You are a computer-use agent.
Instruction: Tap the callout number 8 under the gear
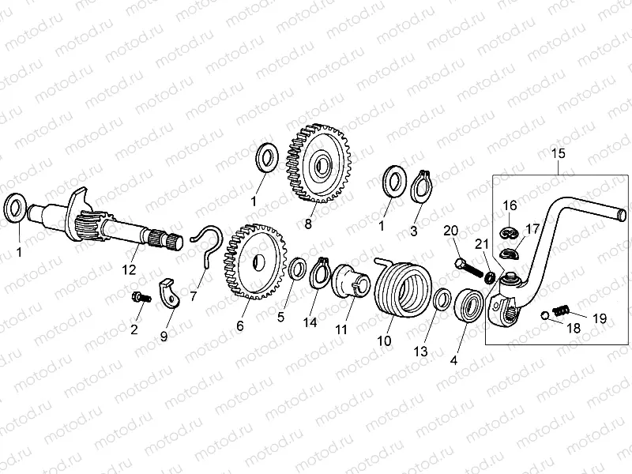point(308,224)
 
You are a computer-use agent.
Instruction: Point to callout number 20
point(450,231)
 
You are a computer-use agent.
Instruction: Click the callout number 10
point(385,340)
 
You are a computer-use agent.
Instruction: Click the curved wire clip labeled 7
point(208,242)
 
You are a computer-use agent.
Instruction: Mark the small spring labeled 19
point(561,309)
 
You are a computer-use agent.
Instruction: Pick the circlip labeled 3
point(423,186)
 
